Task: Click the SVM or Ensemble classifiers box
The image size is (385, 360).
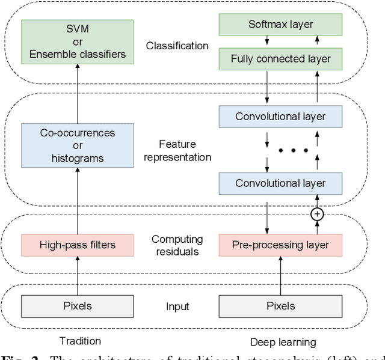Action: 78,43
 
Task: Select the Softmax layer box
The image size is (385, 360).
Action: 281,25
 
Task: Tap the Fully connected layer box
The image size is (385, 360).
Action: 281,59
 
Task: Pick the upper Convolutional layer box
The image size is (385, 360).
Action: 281,115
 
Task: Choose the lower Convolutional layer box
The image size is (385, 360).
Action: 281,183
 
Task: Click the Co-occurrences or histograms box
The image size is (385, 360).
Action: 78,145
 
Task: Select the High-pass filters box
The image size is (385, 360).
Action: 78,245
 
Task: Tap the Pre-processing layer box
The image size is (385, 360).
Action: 281,245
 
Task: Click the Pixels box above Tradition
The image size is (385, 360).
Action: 78,306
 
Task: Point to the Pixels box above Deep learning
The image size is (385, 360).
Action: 281,306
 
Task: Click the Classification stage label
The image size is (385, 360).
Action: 177,46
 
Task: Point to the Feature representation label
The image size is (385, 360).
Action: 177,151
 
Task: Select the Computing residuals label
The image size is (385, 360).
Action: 177,245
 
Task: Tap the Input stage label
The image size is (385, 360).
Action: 177,307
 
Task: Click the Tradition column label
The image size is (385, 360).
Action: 81,341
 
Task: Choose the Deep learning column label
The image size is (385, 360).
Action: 283,342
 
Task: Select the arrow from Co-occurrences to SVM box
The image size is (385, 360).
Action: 78,94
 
